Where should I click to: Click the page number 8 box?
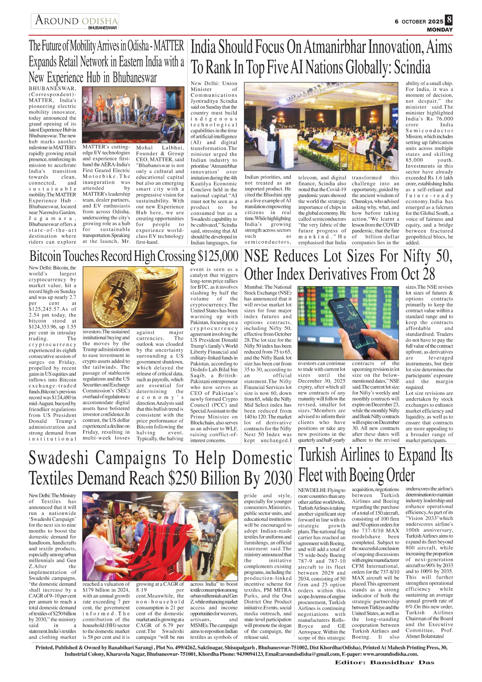[x=449, y=19]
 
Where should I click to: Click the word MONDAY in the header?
[x=440, y=30]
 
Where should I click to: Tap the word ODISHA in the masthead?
[x=100, y=21]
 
